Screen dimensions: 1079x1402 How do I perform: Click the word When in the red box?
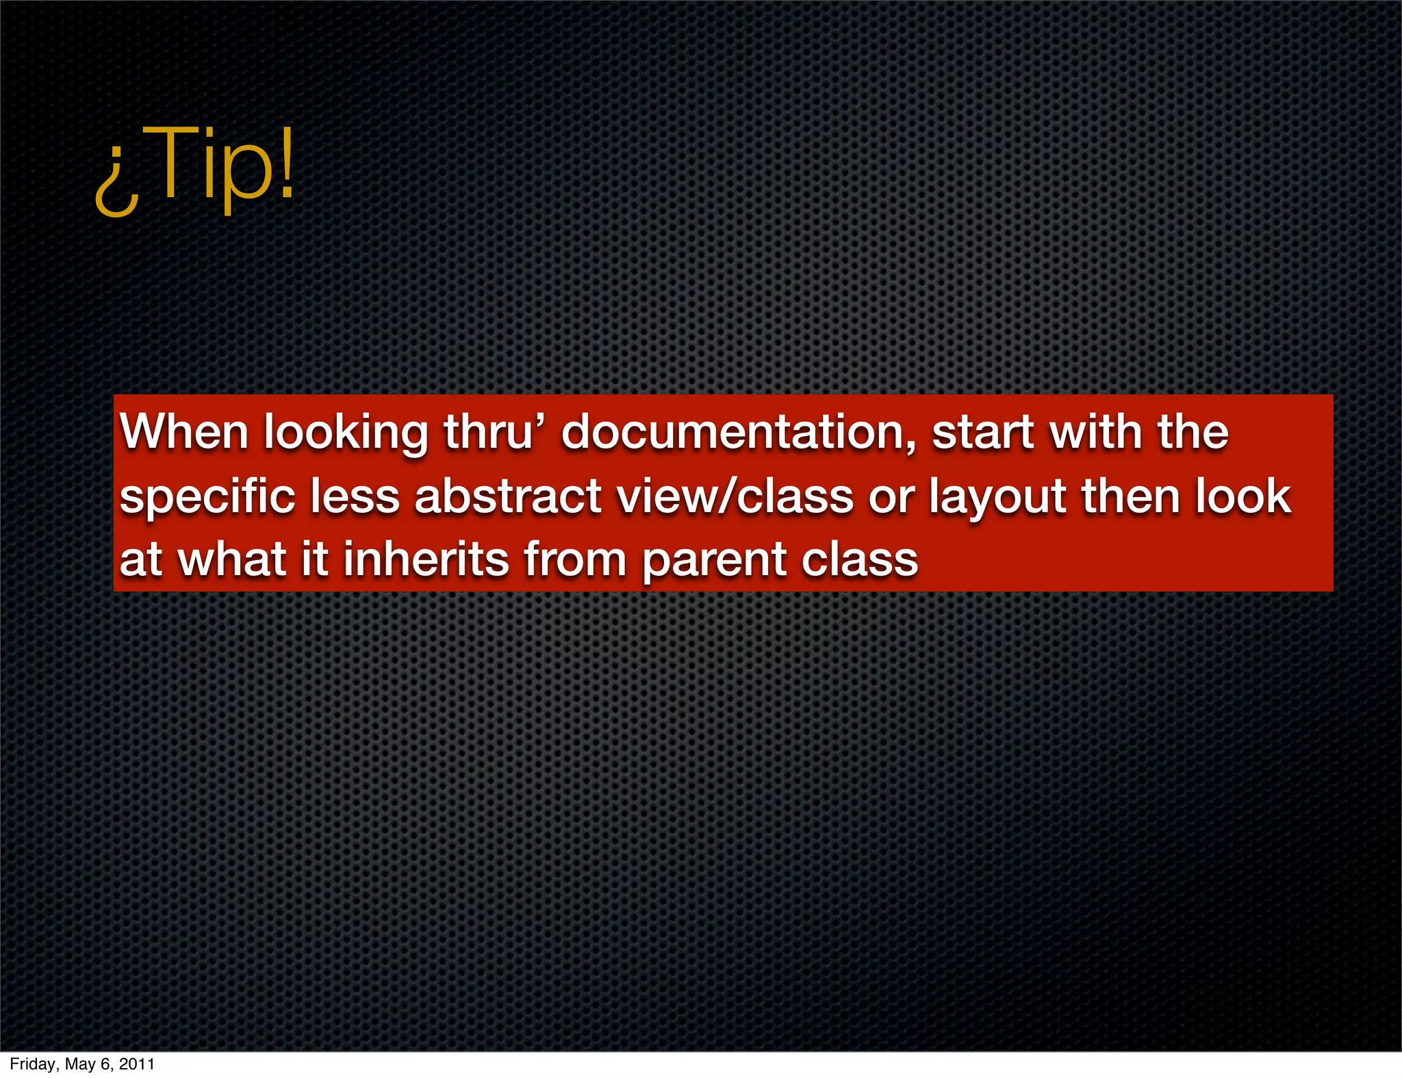click(184, 433)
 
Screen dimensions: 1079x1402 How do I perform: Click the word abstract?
click(508, 496)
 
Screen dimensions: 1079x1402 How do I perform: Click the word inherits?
click(426, 559)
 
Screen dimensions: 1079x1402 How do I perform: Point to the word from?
click(575, 559)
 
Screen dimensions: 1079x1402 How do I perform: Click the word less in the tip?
click(355, 496)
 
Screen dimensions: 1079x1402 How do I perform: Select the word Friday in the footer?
click(32, 1064)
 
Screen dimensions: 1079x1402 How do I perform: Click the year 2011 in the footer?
click(136, 1064)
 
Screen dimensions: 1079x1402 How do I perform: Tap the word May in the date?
click(80, 1065)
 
